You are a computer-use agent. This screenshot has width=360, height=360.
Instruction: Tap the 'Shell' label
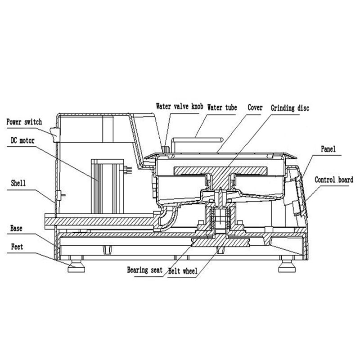(17, 183)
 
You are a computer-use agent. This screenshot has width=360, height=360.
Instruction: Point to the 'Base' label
(16, 228)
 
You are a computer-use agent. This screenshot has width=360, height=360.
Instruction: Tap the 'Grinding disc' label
(290, 108)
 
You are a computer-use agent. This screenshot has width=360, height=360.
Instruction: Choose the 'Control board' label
(333, 180)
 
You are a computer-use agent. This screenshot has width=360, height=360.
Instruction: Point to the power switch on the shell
(55, 134)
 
